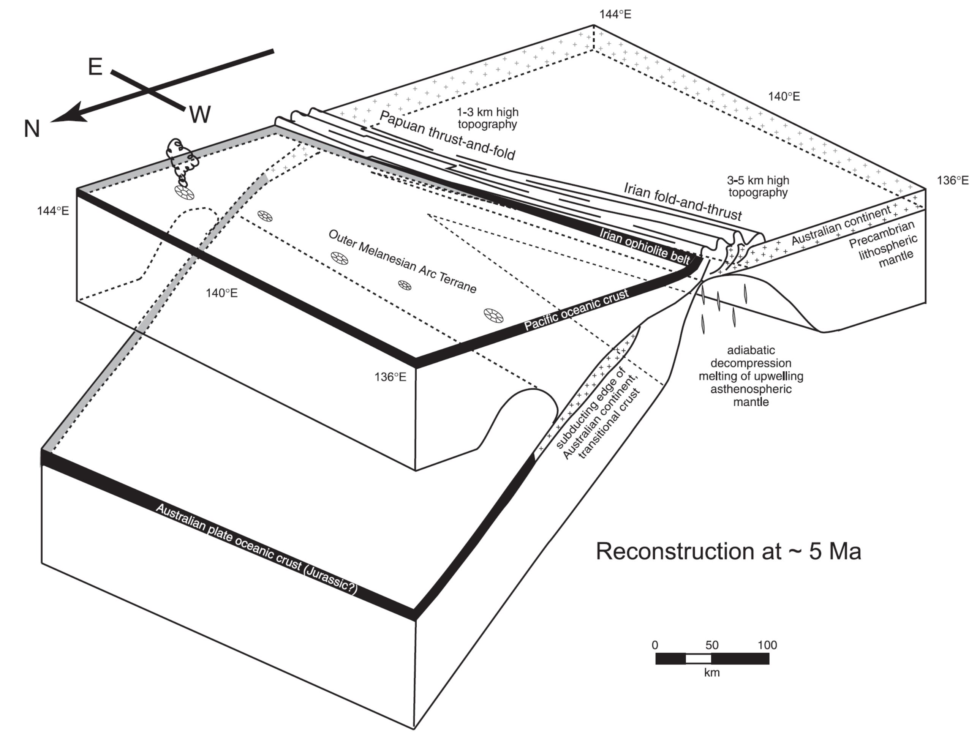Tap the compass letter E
coord(95,67)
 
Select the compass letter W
coord(200,114)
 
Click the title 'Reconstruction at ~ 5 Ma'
coord(728,551)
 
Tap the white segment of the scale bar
coord(698,659)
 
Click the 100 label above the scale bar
coord(767,645)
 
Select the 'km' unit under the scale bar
coord(711,672)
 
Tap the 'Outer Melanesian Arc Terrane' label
coord(402,262)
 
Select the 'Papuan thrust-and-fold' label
coord(447,135)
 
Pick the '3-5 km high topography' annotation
coord(758,186)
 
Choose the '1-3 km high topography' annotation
coord(487,118)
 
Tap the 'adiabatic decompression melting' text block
coord(751,376)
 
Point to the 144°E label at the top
coord(615,14)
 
